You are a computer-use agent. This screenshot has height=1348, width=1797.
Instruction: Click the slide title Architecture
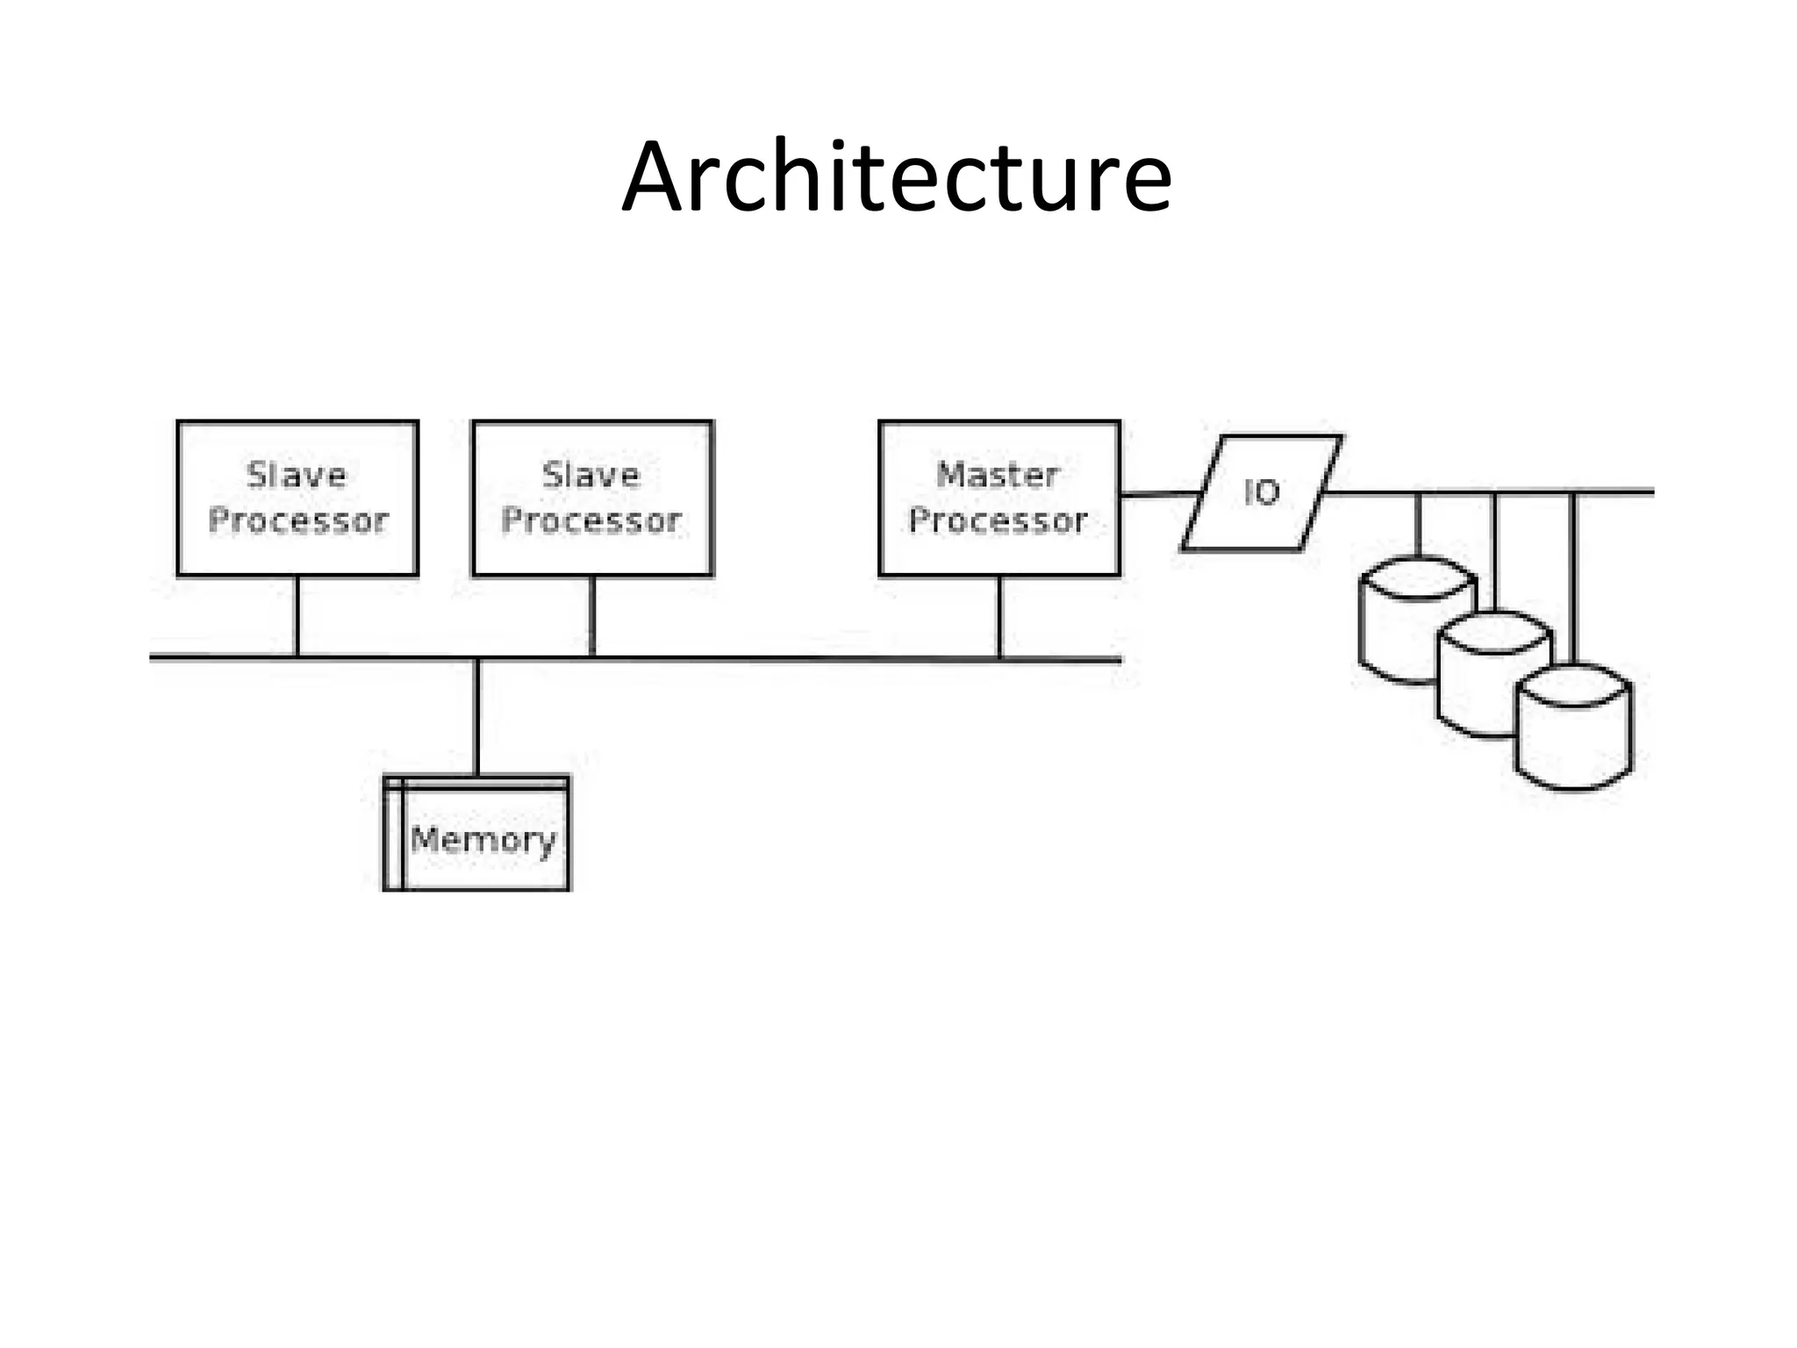coord(896,178)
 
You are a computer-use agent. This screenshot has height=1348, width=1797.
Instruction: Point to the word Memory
coord(483,840)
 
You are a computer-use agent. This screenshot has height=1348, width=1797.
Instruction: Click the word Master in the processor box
coord(999,475)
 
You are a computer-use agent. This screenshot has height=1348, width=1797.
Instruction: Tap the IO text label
coord(1262,493)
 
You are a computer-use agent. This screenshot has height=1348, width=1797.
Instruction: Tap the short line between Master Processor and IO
coord(1158,495)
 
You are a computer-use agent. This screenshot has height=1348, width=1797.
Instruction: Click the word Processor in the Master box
coord(999,521)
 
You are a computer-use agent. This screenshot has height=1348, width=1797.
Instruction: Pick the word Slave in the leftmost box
coord(297,475)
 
